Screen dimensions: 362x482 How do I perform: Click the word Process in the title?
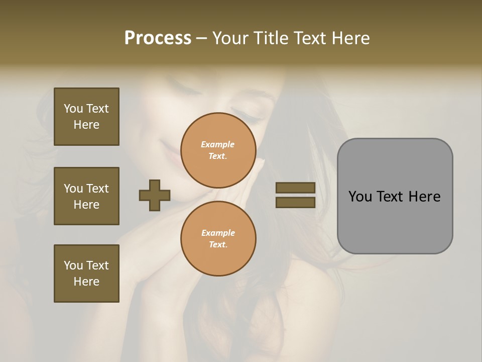click(x=158, y=38)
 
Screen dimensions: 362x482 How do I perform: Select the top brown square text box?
click(x=86, y=117)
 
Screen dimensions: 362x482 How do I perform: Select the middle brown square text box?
click(x=86, y=196)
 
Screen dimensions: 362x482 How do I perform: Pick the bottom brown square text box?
click(x=86, y=274)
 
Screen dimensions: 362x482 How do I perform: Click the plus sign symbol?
click(x=155, y=195)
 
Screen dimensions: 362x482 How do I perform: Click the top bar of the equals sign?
click(x=295, y=188)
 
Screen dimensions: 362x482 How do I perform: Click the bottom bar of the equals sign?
click(x=295, y=202)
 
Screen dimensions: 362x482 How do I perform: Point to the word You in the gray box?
click(x=360, y=197)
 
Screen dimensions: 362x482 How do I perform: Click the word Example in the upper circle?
click(x=217, y=144)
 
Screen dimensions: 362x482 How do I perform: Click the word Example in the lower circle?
click(x=218, y=233)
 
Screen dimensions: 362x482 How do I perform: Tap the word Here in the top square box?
click(x=86, y=125)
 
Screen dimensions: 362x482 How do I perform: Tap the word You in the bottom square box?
click(x=73, y=265)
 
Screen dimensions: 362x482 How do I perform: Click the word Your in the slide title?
click(x=230, y=38)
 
